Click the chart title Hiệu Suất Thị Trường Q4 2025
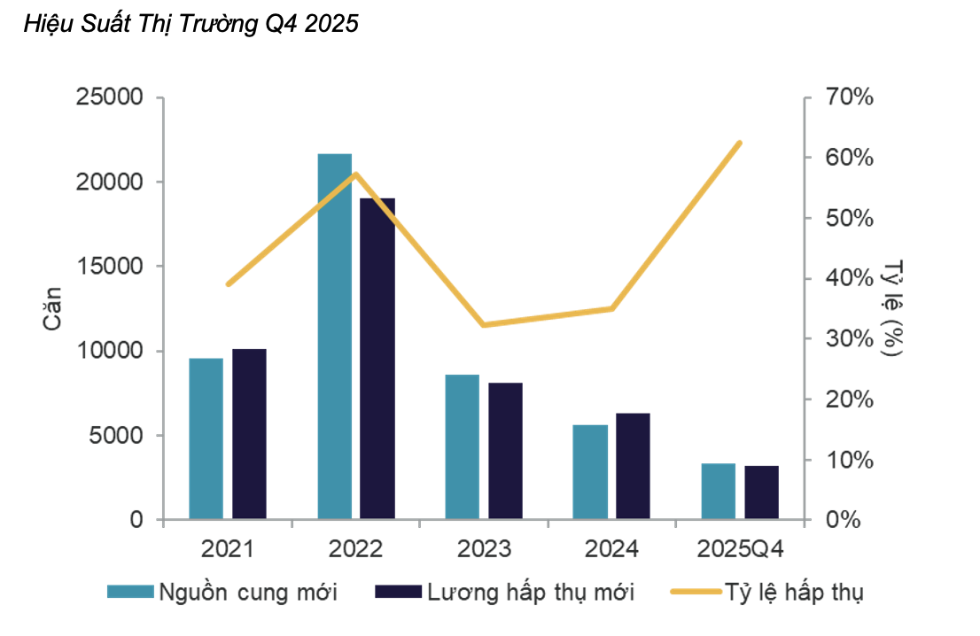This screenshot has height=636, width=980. click(x=191, y=24)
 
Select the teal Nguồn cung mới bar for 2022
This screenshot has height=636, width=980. click(x=335, y=337)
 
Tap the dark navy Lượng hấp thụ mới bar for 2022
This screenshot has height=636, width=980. click(x=377, y=359)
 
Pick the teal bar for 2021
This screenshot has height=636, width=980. click(x=206, y=438)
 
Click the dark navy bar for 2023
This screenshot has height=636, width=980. click(x=505, y=451)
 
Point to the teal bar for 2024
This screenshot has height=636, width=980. click(x=590, y=472)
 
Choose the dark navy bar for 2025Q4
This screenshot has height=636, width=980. click(x=761, y=493)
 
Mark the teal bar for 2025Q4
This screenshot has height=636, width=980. click(x=718, y=492)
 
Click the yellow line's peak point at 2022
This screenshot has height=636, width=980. click(x=355, y=174)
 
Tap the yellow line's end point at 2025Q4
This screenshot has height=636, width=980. click(x=740, y=143)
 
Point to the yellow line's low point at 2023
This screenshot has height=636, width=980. click(x=484, y=325)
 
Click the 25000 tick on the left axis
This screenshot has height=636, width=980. click(x=112, y=97)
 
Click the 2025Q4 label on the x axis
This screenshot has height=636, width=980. click(x=740, y=549)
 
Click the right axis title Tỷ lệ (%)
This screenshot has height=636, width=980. click(x=893, y=307)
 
